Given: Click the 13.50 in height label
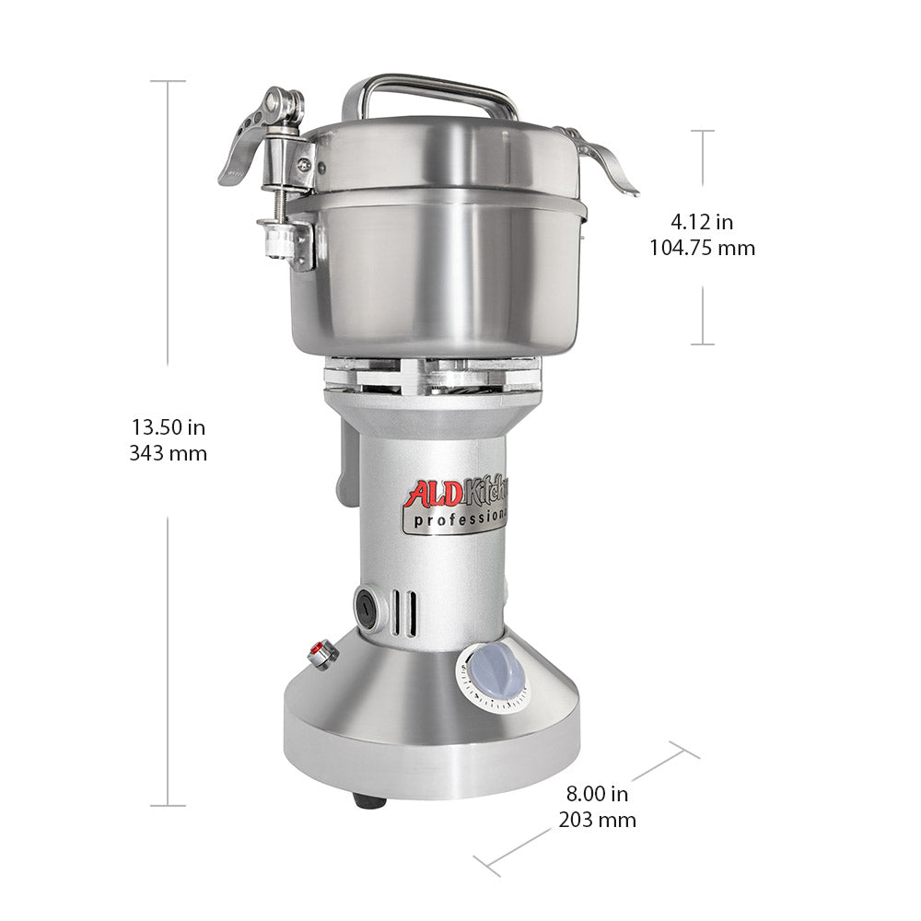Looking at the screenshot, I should pyautogui.click(x=168, y=427).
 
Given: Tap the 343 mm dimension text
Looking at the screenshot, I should pyautogui.click(x=168, y=453).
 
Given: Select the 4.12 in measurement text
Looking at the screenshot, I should pyautogui.click(x=702, y=222).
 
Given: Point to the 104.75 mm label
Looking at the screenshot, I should pyautogui.click(x=702, y=248).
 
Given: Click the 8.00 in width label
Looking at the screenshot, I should pyautogui.click(x=598, y=794).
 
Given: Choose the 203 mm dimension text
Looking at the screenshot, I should pyautogui.click(x=598, y=820).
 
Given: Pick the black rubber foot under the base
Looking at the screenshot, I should pyautogui.click(x=370, y=802).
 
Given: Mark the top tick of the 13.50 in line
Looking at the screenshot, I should pyautogui.click(x=168, y=81).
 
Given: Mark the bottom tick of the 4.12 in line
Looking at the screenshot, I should pyautogui.click(x=703, y=344).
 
